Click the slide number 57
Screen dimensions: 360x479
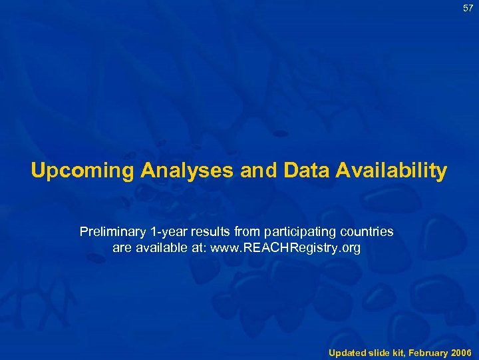[468, 9]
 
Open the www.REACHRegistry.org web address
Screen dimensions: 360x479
[285, 249]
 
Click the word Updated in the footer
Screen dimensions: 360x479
[347, 351]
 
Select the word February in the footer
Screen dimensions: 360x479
[428, 351]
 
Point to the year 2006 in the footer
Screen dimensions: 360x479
[461, 351]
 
